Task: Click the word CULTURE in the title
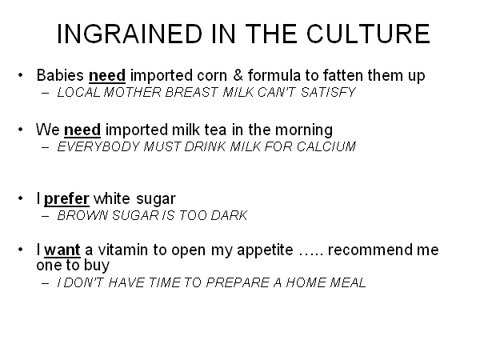pyautogui.click(x=368, y=34)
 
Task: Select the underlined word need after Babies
pyautogui.click(x=107, y=76)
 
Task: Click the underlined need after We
pyautogui.click(x=82, y=130)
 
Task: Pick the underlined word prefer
pyautogui.click(x=66, y=199)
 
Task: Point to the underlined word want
pyautogui.click(x=62, y=250)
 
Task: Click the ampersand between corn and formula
pyautogui.click(x=238, y=75)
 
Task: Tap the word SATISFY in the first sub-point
pyautogui.click(x=328, y=92)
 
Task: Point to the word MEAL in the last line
pyautogui.click(x=348, y=282)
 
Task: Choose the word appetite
pyautogui.click(x=265, y=250)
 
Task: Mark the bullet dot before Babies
pyautogui.click(x=21, y=75)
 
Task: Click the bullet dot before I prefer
pyautogui.click(x=21, y=198)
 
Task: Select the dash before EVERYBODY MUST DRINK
pyautogui.click(x=46, y=147)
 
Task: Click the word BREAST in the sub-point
pyautogui.click(x=191, y=92)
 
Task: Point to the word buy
pyautogui.click(x=97, y=266)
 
